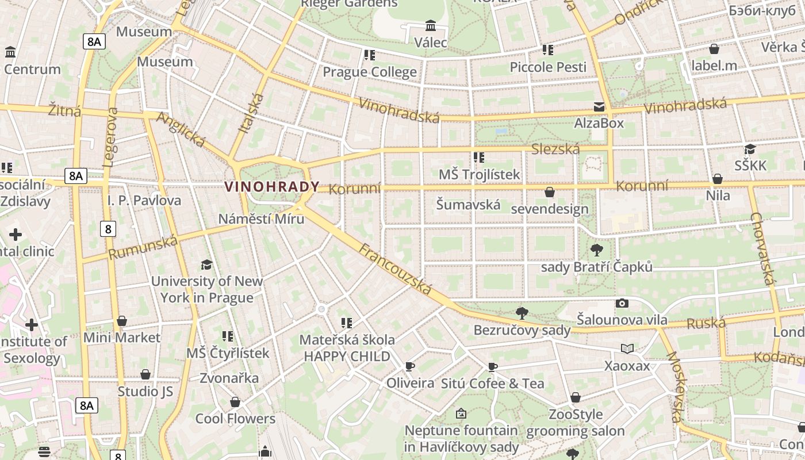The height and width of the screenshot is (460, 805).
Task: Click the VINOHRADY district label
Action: tap(272, 187)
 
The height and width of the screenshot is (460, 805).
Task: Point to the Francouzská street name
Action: tap(395, 269)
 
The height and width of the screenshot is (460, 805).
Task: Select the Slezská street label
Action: tap(555, 149)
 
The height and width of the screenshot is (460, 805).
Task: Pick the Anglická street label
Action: tap(181, 129)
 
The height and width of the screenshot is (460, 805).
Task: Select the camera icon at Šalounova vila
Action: tap(622, 303)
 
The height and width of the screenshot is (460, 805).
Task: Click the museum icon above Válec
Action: tap(431, 26)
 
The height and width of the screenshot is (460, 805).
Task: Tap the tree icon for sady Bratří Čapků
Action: tap(597, 250)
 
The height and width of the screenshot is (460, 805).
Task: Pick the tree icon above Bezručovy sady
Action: tap(522, 313)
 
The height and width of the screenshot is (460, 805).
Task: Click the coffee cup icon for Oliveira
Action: tap(410, 366)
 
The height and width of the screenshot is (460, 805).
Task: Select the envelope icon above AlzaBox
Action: tap(599, 107)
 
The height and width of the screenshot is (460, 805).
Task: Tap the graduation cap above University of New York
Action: tap(206, 264)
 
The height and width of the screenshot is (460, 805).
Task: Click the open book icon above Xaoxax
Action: tap(627, 348)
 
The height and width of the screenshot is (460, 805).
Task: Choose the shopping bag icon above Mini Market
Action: tap(122, 321)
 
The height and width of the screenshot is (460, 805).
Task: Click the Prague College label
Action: tap(370, 72)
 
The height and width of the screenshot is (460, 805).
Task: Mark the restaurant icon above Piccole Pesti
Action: tap(548, 50)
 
